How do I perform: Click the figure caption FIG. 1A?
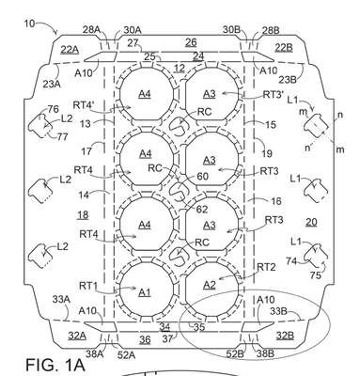[55, 365]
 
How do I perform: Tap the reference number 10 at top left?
[29, 23]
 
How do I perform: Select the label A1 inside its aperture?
[145, 292]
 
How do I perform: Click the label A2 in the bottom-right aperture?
[210, 285]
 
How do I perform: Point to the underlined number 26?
[191, 42]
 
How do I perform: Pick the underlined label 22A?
[70, 50]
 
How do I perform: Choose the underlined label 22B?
[284, 48]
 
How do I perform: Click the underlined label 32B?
[285, 336]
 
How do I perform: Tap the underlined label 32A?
[77, 336]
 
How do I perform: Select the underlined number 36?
[145, 339]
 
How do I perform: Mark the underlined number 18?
[83, 215]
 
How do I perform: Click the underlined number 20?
[311, 222]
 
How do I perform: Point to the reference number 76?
[53, 109]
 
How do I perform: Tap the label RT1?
[87, 286]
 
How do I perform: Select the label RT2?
[266, 267]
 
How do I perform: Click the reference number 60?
[203, 177]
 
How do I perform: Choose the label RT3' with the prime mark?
[273, 94]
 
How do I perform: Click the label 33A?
[61, 300]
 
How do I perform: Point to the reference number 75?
[316, 275]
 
